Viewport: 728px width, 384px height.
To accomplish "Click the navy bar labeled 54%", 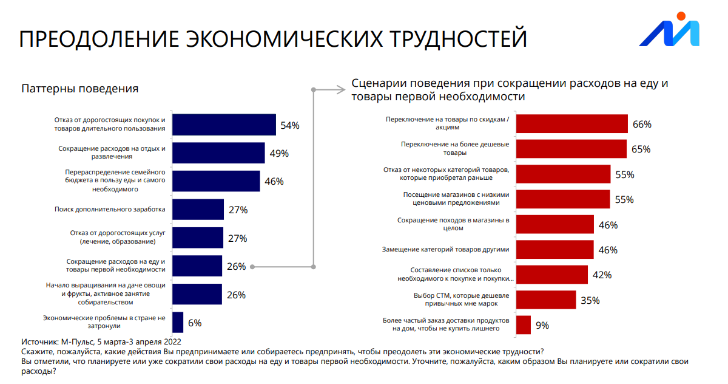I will coord(224,125).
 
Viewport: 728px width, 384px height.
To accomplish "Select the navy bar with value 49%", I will coord(218,153).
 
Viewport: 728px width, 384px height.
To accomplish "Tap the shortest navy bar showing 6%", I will coord(178,323).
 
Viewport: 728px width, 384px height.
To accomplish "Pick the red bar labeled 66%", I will coord(571,124).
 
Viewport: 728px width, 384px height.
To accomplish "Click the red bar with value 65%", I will coord(571,149).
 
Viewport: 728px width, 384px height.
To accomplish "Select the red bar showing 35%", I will coord(545,300).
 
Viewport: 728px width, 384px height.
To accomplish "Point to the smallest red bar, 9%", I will coord(524,325).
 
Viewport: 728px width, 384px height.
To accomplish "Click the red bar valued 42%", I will coord(551,275).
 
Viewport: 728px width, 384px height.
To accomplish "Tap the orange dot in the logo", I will coord(682,17).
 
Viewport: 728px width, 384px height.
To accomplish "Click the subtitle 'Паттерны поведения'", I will coord(80,89).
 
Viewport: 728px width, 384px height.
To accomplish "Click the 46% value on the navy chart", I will coord(274,182).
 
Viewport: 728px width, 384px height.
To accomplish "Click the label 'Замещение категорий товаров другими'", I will coord(445,250).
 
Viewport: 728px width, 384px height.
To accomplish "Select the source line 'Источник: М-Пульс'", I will coord(101,341).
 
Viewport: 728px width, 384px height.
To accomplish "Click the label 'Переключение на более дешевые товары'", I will coord(455,149).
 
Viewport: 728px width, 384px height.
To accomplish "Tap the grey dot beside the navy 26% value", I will coord(252,266).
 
